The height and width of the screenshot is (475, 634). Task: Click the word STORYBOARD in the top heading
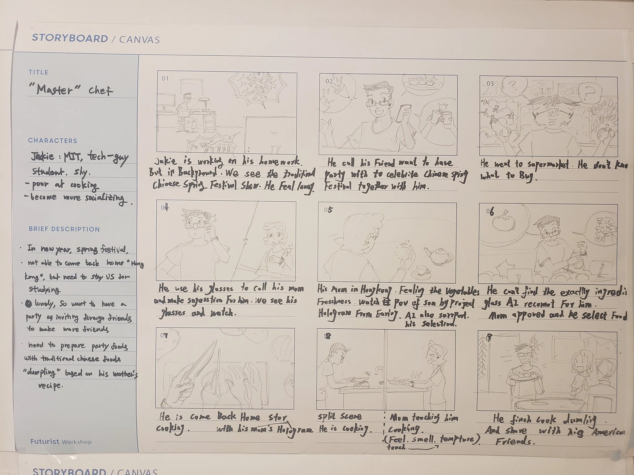coord(70,38)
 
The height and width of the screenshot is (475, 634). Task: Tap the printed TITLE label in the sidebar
coord(38,72)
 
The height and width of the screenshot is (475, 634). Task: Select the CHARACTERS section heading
coord(52,141)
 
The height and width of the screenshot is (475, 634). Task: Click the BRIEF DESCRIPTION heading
coord(64,229)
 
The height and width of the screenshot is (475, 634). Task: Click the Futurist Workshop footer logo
coord(61,442)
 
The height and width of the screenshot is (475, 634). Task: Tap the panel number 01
coord(165,79)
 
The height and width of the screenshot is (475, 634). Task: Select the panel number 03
coord(490,84)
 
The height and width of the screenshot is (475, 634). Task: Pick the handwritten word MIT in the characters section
coord(73,156)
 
